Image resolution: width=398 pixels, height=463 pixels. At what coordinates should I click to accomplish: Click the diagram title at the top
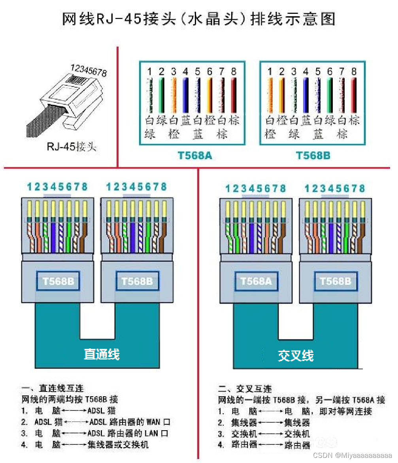pos(198,19)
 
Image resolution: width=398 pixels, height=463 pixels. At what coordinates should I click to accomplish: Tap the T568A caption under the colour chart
pos(195,156)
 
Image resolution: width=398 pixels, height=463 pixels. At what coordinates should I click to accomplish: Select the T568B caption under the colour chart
pos(313,156)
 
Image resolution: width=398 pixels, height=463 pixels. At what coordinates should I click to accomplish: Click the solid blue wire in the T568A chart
pos(185,95)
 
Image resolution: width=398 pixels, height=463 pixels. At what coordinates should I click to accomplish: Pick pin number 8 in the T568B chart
pos(354,72)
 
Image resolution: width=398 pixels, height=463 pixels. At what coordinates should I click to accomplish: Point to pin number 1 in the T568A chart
pos(150,72)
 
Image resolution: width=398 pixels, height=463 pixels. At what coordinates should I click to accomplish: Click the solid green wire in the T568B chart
pos(330,95)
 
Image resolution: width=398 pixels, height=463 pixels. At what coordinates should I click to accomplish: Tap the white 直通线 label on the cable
pos(102,354)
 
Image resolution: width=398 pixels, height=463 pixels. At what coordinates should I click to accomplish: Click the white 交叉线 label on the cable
pos(296,356)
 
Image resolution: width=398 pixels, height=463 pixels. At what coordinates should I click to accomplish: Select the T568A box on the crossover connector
pos(256,281)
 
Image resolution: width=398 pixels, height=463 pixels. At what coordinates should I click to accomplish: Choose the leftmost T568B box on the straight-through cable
pos(58,281)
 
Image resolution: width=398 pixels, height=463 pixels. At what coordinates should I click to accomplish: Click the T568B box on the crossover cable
pos(336,281)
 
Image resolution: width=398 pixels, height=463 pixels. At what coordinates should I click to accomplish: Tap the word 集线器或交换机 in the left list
pos(118,444)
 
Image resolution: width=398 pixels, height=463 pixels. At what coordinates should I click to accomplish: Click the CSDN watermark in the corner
pos(352,455)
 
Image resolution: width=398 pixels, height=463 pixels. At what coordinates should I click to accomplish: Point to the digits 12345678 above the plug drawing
pos(89,70)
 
